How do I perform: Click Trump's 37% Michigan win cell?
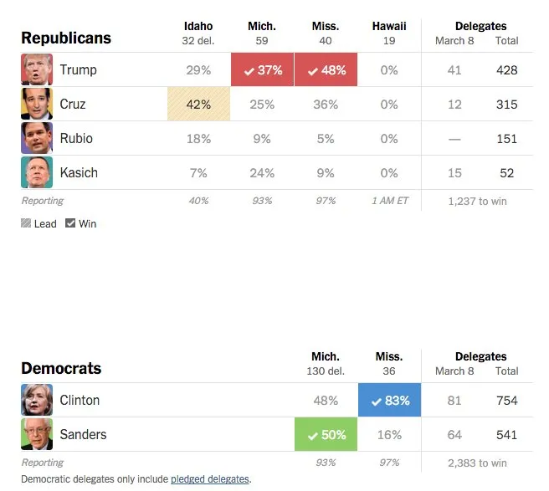point(262,69)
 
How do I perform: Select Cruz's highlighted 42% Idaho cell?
point(199,104)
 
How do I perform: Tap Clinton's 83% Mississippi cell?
point(389,400)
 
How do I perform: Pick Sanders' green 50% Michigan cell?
point(326,434)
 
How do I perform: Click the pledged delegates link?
point(210,478)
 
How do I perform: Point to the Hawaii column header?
point(389,26)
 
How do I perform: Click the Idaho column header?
point(198,26)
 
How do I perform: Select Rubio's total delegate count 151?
point(506,139)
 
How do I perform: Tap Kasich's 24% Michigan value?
point(262,173)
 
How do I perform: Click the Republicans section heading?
point(66,38)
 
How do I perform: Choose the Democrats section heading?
point(61,368)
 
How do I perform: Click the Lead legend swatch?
point(26,223)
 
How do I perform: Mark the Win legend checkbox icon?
point(70,223)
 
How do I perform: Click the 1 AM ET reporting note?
point(390,201)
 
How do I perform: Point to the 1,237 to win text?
point(477,202)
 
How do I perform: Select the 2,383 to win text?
point(477,463)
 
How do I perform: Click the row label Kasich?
point(79,173)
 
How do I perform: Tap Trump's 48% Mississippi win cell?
point(326,69)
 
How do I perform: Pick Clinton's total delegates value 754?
point(506,401)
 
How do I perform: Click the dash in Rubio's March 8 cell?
point(454,140)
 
